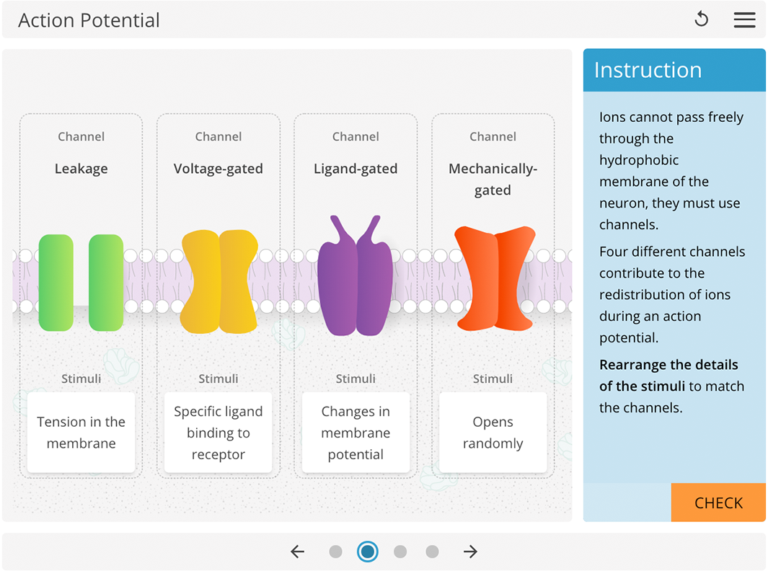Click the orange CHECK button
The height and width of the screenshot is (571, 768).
tap(718, 503)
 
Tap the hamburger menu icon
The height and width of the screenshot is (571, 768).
tap(744, 20)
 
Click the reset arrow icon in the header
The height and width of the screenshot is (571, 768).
tap(701, 20)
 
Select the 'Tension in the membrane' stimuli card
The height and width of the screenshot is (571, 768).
tap(81, 433)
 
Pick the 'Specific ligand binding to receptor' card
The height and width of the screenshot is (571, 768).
tap(218, 433)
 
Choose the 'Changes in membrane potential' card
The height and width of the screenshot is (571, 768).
tap(356, 433)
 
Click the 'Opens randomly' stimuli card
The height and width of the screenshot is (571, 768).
tap(493, 433)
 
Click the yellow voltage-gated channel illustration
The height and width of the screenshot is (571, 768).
tap(219, 281)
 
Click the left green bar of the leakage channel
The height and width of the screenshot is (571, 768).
tap(56, 283)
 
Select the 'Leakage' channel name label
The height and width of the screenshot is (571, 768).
tap(81, 169)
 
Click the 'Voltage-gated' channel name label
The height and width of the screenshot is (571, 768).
tap(218, 169)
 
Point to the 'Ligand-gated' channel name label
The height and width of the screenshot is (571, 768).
tap(356, 169)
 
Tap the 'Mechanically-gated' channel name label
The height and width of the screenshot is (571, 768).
tap(493, 179)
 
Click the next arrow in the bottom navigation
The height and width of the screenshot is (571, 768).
tap(470, 552)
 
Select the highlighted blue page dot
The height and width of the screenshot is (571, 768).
tap(368, 552)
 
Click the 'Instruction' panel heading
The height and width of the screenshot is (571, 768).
tap(648, 70)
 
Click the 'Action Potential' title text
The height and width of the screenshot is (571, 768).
tap(89, 20)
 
